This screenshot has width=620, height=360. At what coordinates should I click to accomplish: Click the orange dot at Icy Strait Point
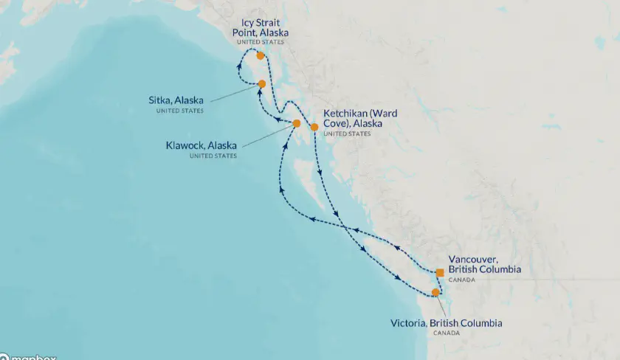tap(261, 55)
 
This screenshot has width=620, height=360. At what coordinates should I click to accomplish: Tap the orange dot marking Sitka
tap(261, 84)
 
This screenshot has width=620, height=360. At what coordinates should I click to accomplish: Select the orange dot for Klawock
tap(297, 123)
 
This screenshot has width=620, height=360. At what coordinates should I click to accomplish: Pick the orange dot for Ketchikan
tap(314, 127)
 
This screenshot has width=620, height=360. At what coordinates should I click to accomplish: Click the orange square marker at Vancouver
tap(440, 273)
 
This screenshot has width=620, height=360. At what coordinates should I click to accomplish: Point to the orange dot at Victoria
tap(435, 292)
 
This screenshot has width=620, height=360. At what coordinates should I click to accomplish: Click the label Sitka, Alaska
tap(179, 100)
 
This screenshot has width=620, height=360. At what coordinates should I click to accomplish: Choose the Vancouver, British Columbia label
tap(484, 265)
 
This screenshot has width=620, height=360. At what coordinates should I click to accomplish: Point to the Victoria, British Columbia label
tap(446, 323)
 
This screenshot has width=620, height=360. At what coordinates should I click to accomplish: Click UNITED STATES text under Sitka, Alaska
tap(179, 111)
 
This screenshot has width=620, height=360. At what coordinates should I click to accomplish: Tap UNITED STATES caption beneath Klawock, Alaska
tap(213, 156)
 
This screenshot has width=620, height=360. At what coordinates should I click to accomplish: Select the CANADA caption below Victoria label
tap(446, 333)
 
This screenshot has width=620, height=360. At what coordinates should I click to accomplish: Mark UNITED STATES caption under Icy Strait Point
tap(260, 42)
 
